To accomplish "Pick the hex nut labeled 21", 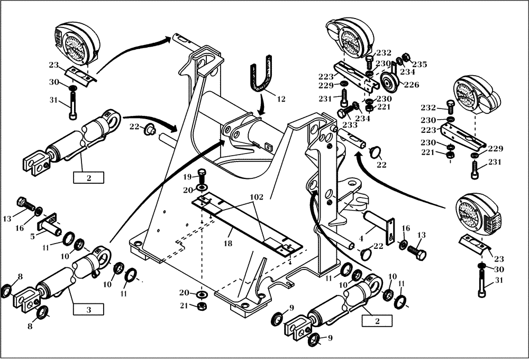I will [201, 305].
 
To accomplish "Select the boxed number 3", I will [88, 308].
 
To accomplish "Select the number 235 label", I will [419, 64].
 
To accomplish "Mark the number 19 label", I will [187, 176].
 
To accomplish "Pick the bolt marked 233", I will [344, 112].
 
